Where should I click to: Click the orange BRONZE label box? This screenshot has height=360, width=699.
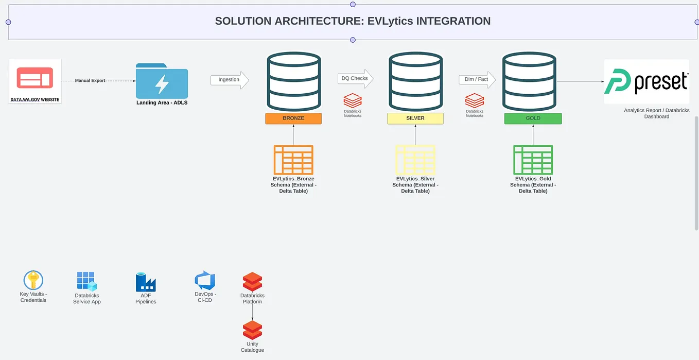click(293, 118)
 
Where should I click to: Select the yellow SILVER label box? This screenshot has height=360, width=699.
click(415, 118)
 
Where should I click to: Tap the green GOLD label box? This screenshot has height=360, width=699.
click(533, 118)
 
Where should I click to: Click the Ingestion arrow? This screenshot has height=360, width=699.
click(230, 80)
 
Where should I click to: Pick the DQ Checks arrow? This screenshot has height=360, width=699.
click(355, 79)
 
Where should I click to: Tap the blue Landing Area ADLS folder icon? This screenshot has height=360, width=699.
click(162, 81)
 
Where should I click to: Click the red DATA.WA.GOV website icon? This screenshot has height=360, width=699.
click(35, 78)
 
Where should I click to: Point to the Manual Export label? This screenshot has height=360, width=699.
click(90, 81)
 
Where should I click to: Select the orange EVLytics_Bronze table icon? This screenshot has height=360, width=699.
click(293, 160)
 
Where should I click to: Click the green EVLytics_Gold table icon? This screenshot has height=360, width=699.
click(533, 160)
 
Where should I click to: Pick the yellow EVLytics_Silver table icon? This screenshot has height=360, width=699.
click(415, 160)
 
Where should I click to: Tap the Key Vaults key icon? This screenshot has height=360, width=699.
click(33, 281)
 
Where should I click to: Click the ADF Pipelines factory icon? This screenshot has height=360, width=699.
click(146, 282)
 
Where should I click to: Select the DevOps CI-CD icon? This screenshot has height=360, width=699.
click(204, 281)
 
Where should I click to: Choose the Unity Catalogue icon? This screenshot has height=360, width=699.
click(252, 330)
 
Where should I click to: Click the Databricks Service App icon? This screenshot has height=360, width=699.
click(86, 282)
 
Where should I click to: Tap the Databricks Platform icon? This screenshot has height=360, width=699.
click(252, 282)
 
